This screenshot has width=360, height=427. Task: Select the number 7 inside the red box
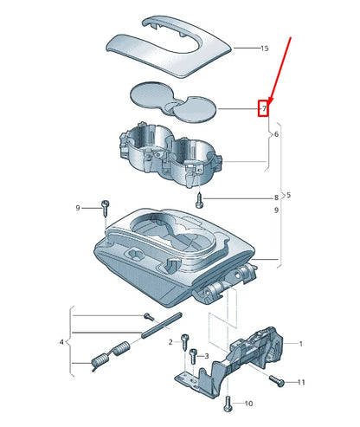coord(265,108)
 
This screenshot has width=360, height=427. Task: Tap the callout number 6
coord(276,135)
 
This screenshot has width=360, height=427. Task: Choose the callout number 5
coord(288,195)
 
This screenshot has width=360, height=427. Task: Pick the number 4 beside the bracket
coord(61,343)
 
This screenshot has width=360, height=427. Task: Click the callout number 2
coord(170,342)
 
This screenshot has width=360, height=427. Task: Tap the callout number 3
coord(205,356)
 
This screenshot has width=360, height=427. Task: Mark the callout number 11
coord(300,382)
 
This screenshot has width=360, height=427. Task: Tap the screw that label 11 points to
coord(276,379)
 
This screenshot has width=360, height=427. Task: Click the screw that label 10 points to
coord(228,402)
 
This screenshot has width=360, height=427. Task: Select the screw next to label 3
coord(193,355)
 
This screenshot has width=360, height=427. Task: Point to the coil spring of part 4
coord(111,355)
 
